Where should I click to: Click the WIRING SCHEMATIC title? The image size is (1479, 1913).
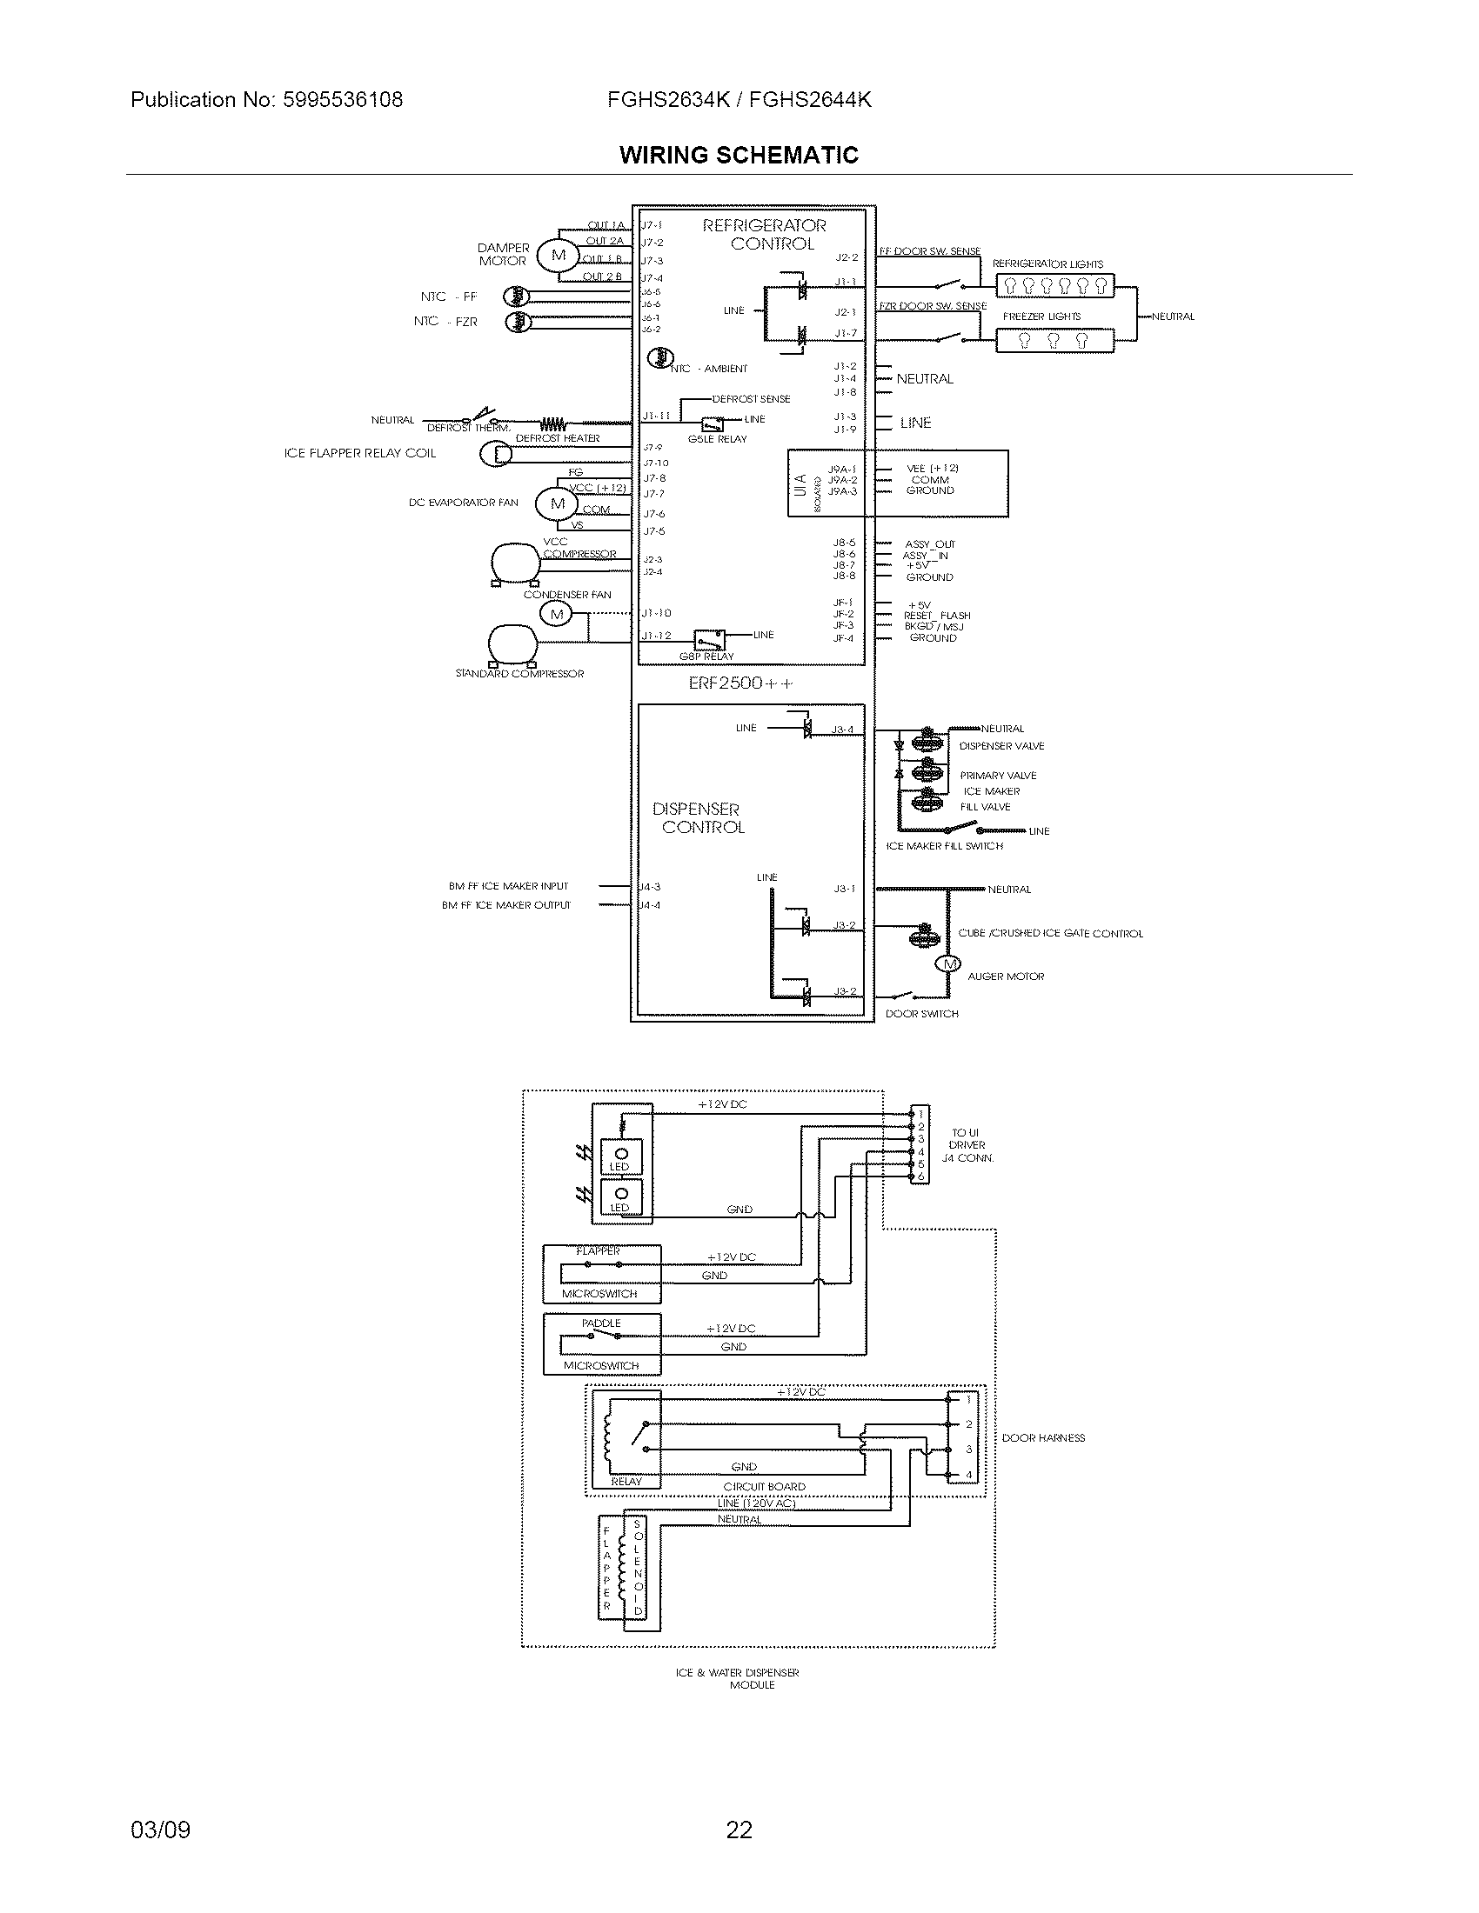pos(739,156)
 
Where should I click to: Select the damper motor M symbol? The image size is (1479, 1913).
pos(559,256)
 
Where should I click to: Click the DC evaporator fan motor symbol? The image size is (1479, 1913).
pos(558,503)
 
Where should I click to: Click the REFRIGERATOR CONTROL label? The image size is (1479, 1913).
pos(765,235)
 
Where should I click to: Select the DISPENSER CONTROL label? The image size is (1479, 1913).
pos(699,818)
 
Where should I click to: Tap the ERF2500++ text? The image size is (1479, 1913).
pos(740,683)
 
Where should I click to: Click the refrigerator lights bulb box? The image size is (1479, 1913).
pos(1055,285)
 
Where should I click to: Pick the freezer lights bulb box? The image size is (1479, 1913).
pos(1055,340)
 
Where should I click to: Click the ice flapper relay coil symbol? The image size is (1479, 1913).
pos(499,454)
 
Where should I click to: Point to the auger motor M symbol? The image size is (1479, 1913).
pos(949,964)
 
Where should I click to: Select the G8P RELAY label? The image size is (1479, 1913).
pos(706,657)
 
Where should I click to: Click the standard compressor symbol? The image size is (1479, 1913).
pos(513,643)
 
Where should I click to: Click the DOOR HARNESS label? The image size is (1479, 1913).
pos(1042,1437)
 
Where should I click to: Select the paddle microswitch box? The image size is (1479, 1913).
pos(601,1343)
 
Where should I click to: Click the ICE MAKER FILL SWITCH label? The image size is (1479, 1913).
pos(945,846)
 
